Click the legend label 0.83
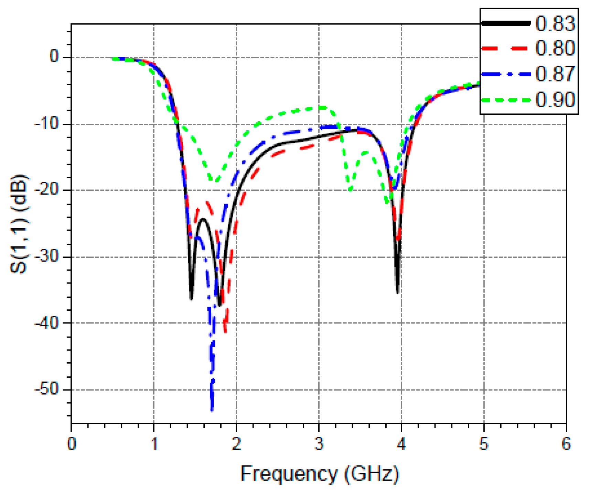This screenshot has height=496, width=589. click(x=555, y=24)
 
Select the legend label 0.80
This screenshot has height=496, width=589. click(x=555, y=48)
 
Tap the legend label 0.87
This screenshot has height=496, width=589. click(x=555, y=74)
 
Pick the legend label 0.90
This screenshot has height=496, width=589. click(x=555, y=100)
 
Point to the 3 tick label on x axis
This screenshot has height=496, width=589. click(x=319, y=444)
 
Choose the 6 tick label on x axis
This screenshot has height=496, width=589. click(x=566, y=444)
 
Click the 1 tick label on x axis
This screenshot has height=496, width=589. click(x=154, y=444)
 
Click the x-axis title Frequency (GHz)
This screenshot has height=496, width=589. click(x=319, y=474)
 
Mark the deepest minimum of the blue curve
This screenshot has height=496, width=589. click(x=212, y=410)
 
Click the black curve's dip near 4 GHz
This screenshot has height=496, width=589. click(x=397, y=292)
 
